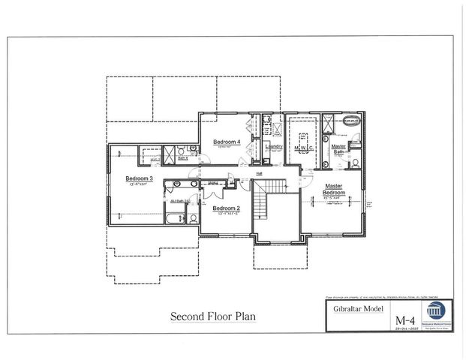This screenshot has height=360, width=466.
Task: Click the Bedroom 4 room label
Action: click(x=226, y=142)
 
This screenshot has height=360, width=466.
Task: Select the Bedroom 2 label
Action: click(x=226, y=208)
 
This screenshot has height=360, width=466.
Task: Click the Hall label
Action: click(x=258, y=174)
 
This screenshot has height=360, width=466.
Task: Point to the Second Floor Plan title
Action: click(x=213, y=316)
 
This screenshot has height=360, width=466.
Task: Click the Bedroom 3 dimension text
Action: click(x=139, y=184)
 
